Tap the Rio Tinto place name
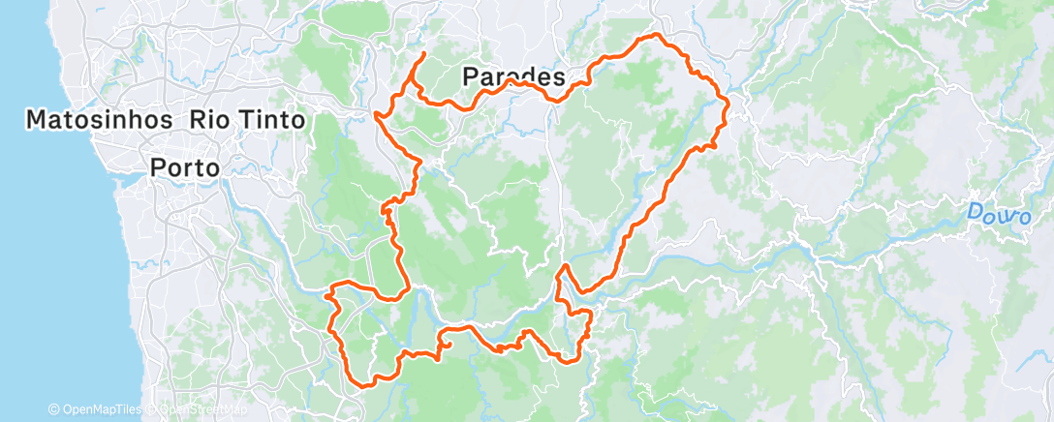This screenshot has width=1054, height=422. click(x=248, y=120)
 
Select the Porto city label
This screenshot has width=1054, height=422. click(x=186, y=167)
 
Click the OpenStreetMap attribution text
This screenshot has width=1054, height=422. click(x=198, y=409)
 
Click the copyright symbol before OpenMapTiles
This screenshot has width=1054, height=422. click(x=54, y=409)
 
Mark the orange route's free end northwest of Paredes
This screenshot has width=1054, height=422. click(x=424, y=52)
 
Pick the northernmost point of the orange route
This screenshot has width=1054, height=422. click(x=657, y=35)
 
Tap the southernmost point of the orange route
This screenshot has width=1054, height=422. click(x=364, y=385)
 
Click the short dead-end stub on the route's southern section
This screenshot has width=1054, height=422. click(x=449, y=346)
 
